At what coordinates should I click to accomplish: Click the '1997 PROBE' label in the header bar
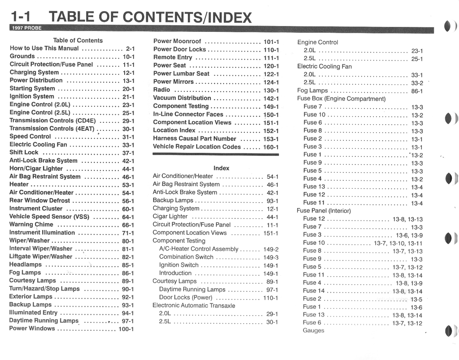click(26, 28)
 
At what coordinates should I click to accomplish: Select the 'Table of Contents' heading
click(78, 40)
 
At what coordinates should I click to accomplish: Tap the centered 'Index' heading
click(221, 168)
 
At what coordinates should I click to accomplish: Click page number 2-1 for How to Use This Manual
click(130, 48)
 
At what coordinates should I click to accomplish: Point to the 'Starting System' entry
click(32, 88)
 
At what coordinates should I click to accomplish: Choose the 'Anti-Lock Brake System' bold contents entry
click(43, 160)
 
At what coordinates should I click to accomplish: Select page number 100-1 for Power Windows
click(126, 329)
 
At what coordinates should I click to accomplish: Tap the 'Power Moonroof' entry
click(177, 41)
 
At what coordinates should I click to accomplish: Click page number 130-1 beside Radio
click(271, 90)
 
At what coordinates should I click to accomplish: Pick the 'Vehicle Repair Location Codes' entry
click(197, 147)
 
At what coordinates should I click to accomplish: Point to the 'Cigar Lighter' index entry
click(170, 217)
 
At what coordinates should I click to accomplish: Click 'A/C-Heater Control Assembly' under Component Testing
click(199, 249)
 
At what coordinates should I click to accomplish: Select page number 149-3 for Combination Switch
click(270, 257)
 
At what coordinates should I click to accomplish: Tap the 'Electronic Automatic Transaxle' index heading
click(194, 305)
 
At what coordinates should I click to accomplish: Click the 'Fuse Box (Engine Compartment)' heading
click(341, 99)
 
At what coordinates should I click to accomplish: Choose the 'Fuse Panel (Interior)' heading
click(324, 210)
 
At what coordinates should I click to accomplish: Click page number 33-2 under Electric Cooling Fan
click(417, 83)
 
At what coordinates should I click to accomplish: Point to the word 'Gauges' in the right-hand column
click(313, 330)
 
